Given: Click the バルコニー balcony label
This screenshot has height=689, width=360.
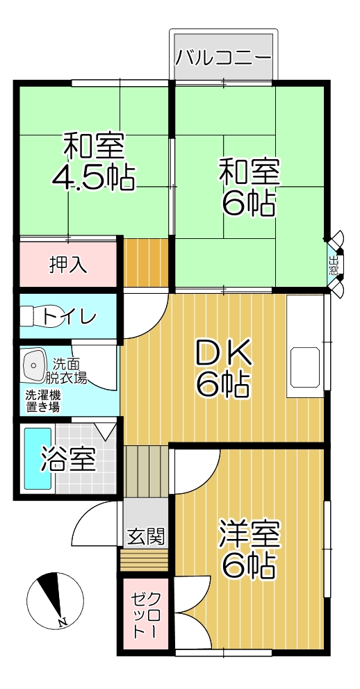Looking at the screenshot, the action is click(x=223, y=58).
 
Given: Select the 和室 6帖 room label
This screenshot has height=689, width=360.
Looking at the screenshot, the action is click(x=249, y=188).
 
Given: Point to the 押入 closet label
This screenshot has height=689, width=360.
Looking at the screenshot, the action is click(x=67, y=265).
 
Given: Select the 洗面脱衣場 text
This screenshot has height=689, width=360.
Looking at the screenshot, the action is click(x=67, y=370).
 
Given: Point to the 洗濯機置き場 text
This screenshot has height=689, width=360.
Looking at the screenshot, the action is click(x=42, y=401).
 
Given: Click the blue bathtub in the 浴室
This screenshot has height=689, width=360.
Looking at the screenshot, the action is click(x=38, y=458).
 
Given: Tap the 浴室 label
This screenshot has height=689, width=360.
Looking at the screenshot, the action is click(x=68, y=460).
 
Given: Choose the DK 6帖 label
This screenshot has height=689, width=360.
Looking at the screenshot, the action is click(x=223, y=369).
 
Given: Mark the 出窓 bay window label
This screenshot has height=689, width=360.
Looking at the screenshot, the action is click(x=334, y=265).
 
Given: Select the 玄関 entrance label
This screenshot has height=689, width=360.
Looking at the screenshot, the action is click(x=145, y=536).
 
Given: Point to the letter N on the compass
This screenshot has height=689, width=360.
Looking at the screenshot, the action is click(x=62, y=622).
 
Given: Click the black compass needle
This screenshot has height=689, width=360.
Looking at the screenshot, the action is click(x=51, y=595).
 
